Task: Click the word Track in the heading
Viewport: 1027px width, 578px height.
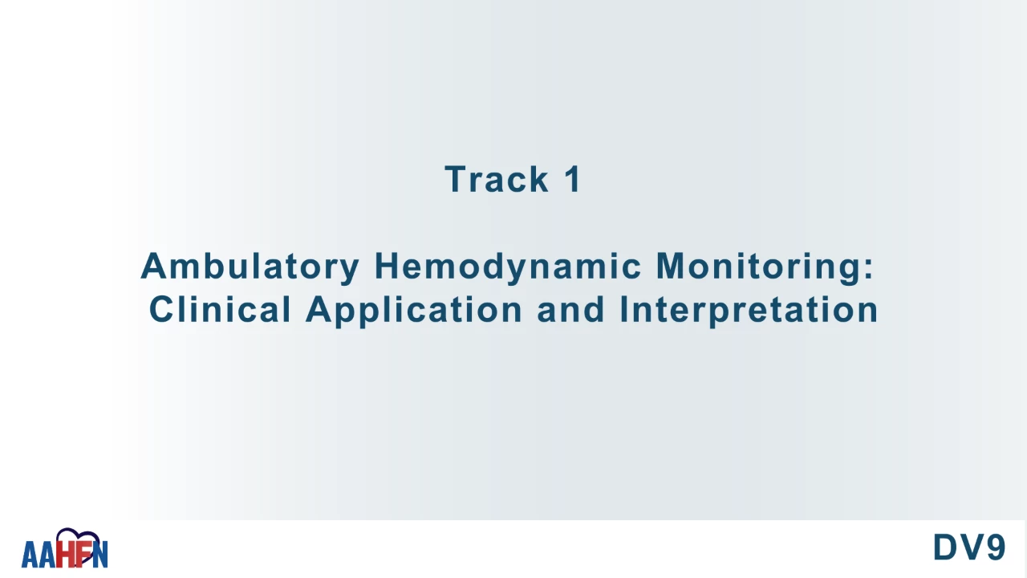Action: (x=497, y=179)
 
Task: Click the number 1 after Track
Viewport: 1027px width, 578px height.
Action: (x=573, y=179)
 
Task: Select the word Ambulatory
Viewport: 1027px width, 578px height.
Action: (x=250, y=267)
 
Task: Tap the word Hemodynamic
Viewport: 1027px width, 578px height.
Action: (x=508, y=267)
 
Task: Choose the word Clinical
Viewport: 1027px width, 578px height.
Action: (x=220, y=309)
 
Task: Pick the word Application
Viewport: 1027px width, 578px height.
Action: (x=414, y=311)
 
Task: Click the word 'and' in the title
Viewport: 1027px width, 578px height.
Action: (x=570, y=309)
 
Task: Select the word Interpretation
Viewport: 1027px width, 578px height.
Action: (x=749, y=311)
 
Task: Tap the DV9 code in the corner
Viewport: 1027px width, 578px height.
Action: (x=969, y=547)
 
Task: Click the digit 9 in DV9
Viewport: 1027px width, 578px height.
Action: (x=996, y=547)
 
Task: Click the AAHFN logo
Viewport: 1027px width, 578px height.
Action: (x=65, y=548)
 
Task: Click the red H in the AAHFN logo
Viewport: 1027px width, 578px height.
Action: (x=65, y=554)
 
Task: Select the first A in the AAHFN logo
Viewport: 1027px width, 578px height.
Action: (x=30, y=555)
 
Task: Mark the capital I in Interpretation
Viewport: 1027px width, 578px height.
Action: (x=623, y=309)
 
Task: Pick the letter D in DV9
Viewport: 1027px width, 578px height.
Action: (x=944, y=547)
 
